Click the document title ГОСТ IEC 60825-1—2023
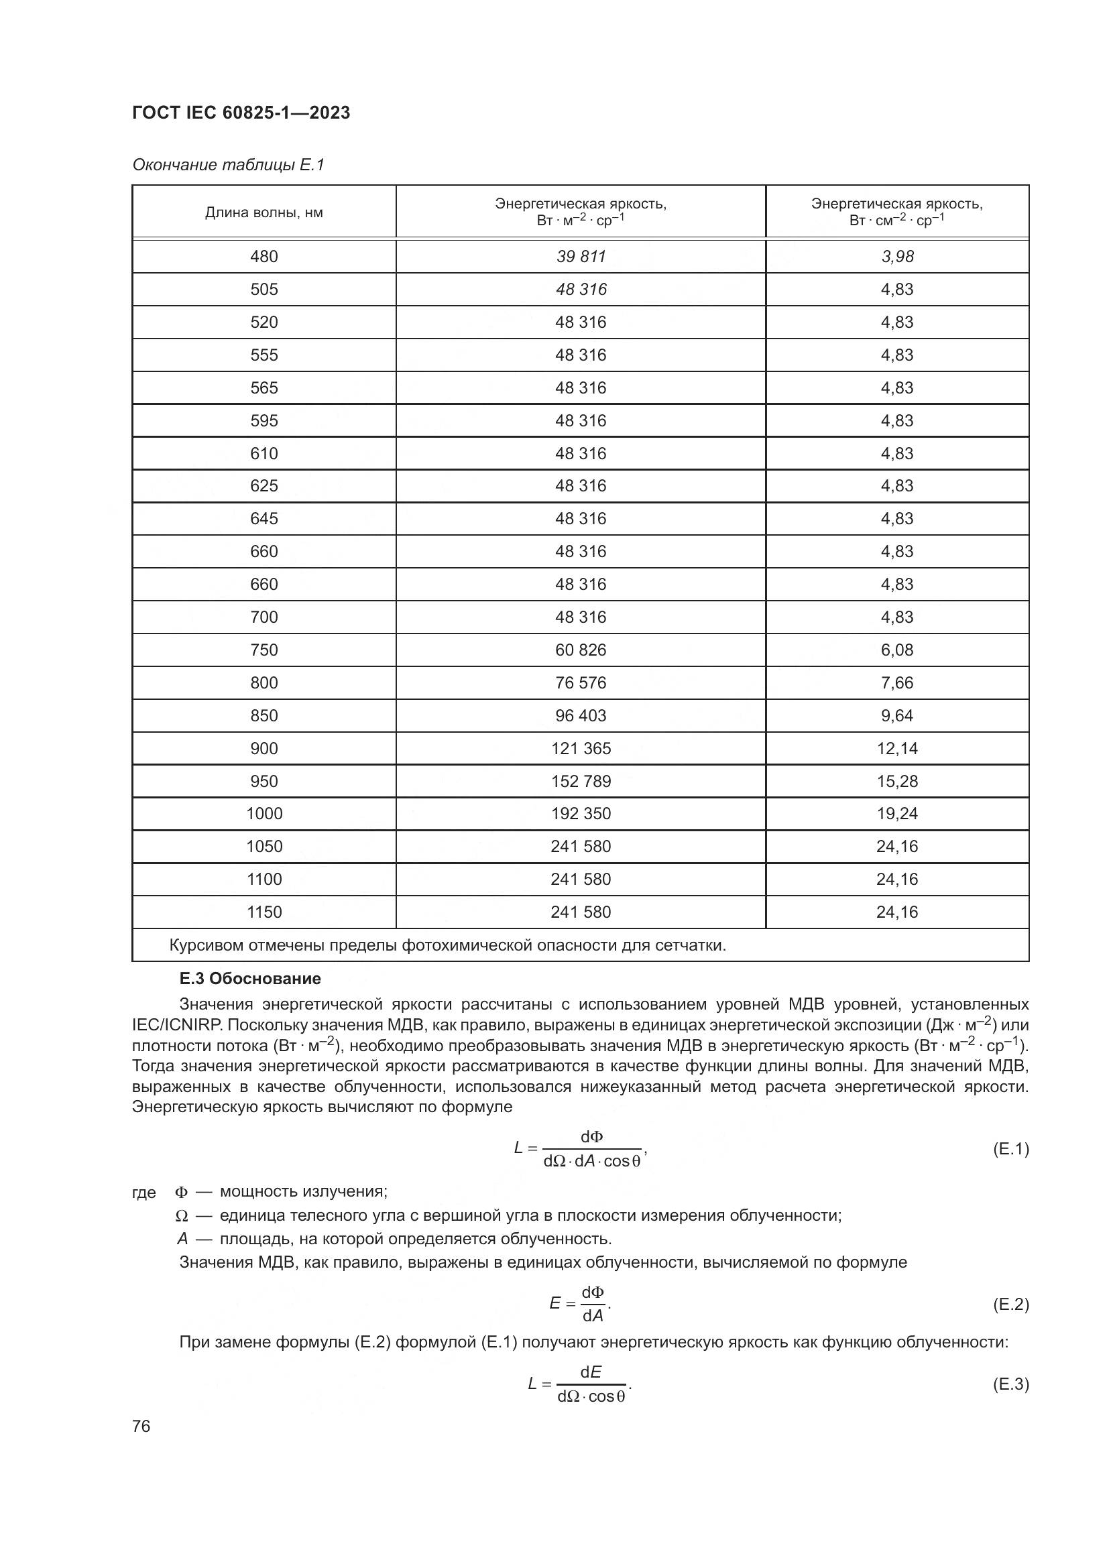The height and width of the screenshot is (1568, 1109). coord(241,113)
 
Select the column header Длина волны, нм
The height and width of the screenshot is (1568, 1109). coord(264,213)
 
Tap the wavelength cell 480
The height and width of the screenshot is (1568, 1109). coord(264,257)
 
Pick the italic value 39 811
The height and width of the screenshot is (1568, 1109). coord(581,257)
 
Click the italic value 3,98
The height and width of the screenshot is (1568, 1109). coord(896,257)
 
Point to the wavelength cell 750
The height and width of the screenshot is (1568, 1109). coord(264,650)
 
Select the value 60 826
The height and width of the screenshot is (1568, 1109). coord(581,650)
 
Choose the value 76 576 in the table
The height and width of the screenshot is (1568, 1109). coord(581,683)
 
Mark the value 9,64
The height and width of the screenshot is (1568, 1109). coord(896,716)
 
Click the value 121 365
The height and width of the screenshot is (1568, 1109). coord(581,749)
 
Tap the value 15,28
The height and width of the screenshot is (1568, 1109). coord(896,781)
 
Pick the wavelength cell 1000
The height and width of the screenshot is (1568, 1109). coord(264,813)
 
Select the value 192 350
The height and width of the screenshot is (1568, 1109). coord(581,813)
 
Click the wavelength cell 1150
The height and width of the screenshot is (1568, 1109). coord(264,912)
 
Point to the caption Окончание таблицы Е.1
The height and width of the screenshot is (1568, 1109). coord(228,165)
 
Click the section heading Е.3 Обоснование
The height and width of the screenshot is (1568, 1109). coord(250,979)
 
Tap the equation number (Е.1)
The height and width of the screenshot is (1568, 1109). coord(1010,1149)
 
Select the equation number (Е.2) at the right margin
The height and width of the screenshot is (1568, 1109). coord(1010,1305)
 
